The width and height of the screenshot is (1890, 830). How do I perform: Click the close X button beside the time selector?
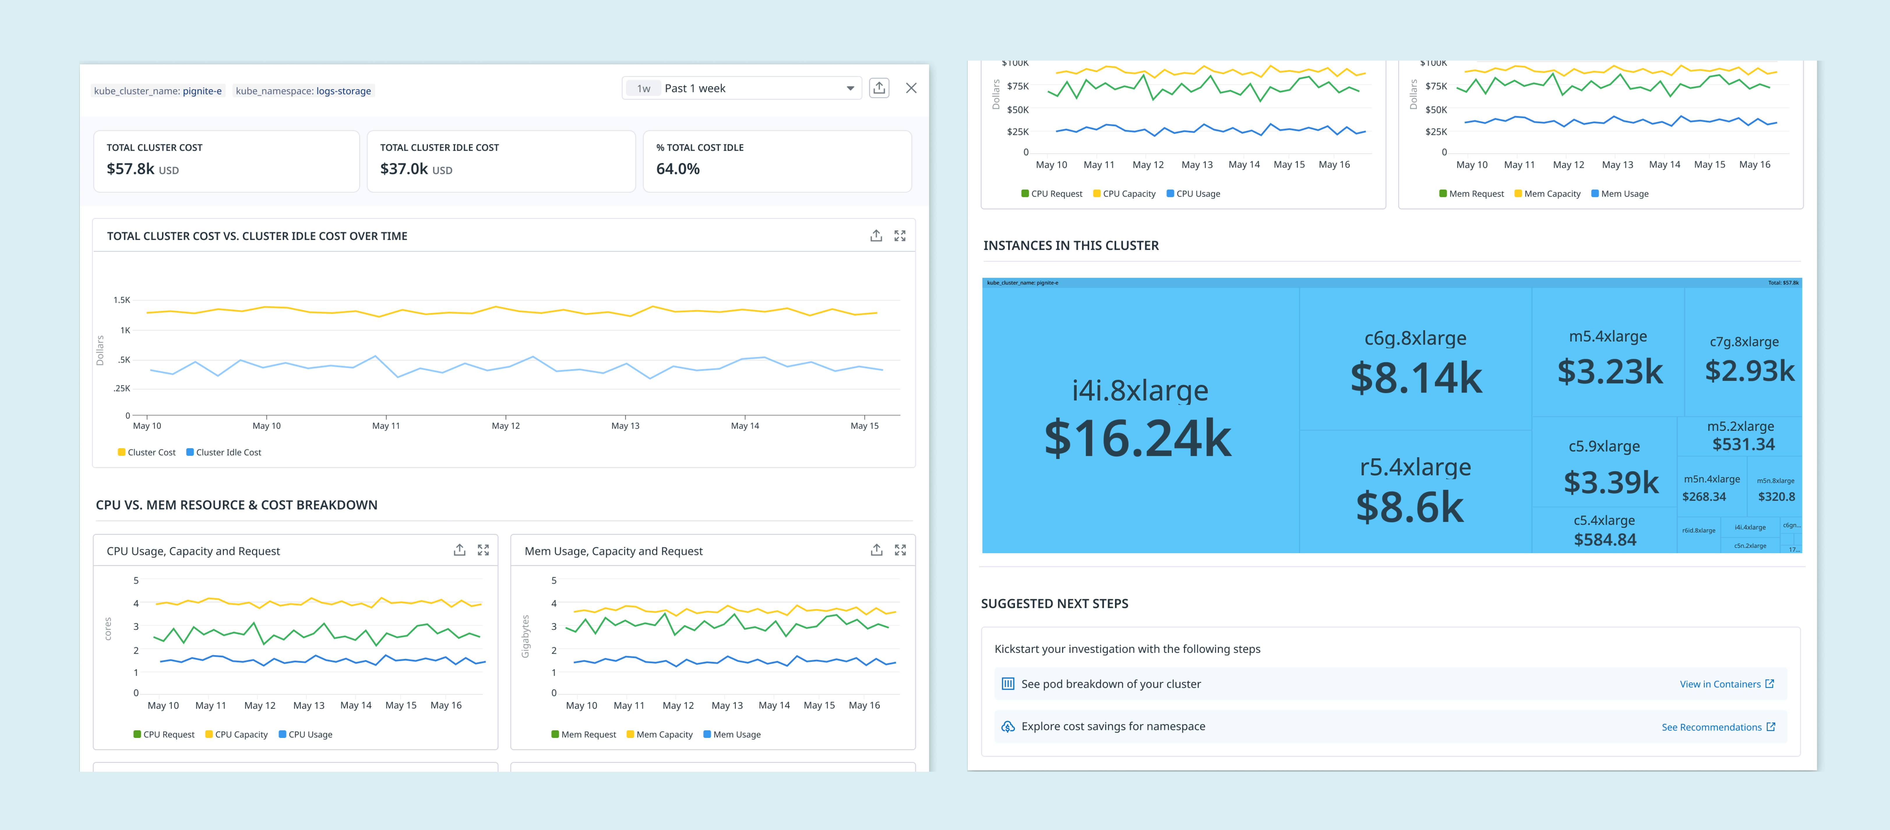911,88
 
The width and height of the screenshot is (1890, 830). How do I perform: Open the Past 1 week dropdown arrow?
850,88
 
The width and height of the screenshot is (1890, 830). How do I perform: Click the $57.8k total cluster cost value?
131,169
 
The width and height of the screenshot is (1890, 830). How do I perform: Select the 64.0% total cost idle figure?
678,169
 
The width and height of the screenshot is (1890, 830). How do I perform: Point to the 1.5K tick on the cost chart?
122,300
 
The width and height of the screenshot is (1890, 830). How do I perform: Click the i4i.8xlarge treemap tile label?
1139,391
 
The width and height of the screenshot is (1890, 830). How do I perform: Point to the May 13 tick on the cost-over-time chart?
625,426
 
